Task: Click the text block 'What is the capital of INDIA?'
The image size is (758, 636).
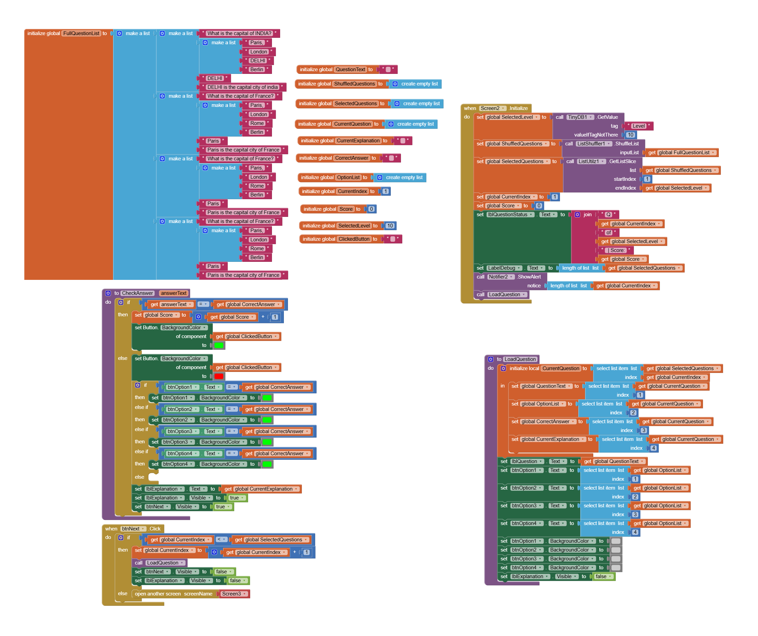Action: pyautogui.click(x=239, y=33)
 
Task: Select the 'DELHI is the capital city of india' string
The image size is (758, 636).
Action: pyautogui.click(x=242, y=87)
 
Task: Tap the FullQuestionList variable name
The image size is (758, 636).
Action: pyautogui.click(x=81, y=33)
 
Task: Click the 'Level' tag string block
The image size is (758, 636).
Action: pyautogui.click(x=638, y=126)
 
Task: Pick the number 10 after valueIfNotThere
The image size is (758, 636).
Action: pyautogui.click(x=630, y=135)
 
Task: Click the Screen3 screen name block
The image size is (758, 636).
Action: pyautogui.click(x=233, y=594)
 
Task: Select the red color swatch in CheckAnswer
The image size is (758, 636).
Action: pyautogui.click(x=219, y=376)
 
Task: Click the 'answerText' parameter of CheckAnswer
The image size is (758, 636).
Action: pyautogui.click(x=174, y=293)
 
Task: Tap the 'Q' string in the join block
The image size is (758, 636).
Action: pyautogui.click(x=608, y=214)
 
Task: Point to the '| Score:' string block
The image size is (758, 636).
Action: pyautogui.click(x=617, y=250)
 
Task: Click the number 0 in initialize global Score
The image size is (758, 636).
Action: pyautogui.click(x=371, y=209)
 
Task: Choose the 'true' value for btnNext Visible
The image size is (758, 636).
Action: pyautogui.click(x=222, y=507)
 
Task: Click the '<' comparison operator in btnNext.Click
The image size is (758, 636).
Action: pyautogui.click(x=221, y=540)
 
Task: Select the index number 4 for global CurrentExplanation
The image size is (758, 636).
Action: pyautogui.click(x=653, y=448)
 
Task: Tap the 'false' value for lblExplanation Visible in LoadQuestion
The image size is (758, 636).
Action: pyautogui.click(x=602, y=576)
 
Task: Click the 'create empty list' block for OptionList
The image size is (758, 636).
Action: pyautogui.click(x=404, y=177)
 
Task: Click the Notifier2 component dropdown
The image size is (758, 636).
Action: pyautogui.click(x=501, y=277)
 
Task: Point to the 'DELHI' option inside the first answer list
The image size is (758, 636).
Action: pyautogui.click(x=258, y=61)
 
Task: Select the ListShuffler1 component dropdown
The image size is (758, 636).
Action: pyautogui.click(x=593, y=144)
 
